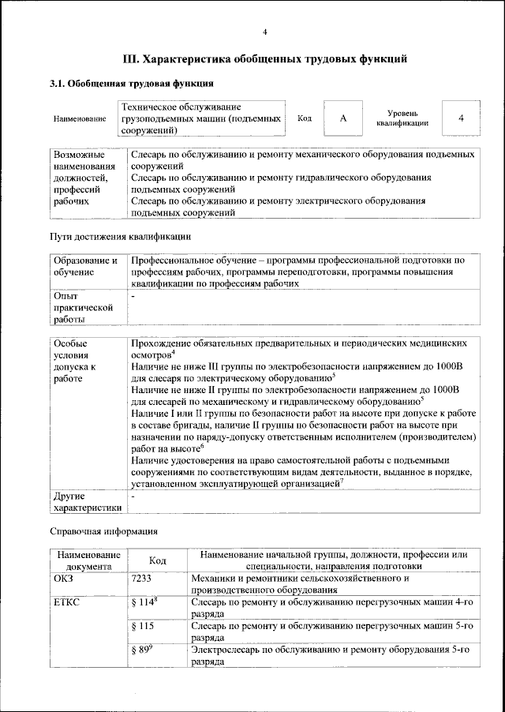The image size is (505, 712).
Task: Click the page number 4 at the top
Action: (265, 32)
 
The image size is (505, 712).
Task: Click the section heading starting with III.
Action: (265, 58)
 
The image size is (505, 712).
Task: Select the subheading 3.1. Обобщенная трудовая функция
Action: (131, 83)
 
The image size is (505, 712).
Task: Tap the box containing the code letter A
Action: (343, 118)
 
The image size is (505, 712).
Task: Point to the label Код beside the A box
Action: (305, 118)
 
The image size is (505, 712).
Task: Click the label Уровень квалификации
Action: (402, 118)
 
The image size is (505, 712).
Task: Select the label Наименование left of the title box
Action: (80, 118)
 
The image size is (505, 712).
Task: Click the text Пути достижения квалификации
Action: (119, 236)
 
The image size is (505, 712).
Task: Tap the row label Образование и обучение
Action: (84, 265)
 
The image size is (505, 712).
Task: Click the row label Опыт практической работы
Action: (83, 307)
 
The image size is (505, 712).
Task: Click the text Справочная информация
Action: (105, 530)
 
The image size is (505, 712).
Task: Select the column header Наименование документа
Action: (88, 560)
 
